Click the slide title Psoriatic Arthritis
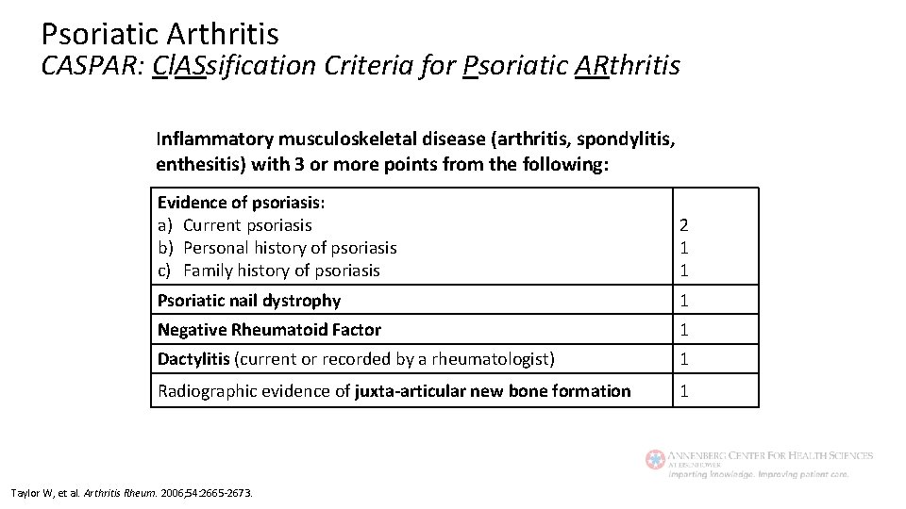point(159,34)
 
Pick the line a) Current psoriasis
point(235,225)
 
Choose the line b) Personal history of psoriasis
point(277,248)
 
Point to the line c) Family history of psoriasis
point(269,271)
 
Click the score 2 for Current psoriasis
point(684,225)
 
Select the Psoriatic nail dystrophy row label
point(249,301)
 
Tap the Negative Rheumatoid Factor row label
point(269,330)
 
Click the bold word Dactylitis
point(193,359)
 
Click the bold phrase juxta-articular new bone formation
point(493,391)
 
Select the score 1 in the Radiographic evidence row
point(684,391)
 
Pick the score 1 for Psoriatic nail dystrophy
point(684,301)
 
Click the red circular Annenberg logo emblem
point(655,460)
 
